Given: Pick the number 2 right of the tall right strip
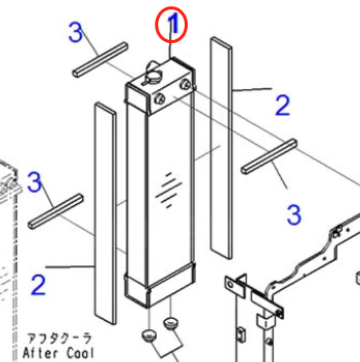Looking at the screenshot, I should click(283, 105).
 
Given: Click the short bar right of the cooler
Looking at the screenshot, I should click(269, 156).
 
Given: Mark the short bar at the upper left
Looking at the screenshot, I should click(101, 59).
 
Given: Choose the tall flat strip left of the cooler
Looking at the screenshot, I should click(105, 213).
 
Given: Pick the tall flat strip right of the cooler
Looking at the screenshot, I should click(221, 148).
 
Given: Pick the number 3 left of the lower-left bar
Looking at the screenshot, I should click(34, 182).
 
